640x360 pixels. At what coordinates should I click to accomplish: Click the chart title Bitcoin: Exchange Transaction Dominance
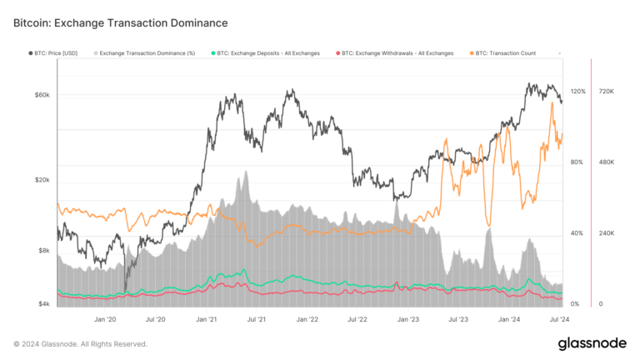click(121, 22)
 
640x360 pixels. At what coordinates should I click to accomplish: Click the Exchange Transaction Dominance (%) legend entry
click(145, 53)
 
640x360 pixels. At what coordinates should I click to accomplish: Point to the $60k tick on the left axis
click(42, 95)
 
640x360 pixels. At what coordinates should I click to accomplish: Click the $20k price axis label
click(42, 180)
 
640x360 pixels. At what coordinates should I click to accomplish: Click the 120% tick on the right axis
click(577, 92)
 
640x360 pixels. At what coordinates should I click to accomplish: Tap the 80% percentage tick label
click(577, 162)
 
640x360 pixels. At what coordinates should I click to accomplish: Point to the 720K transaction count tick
click(606, 92)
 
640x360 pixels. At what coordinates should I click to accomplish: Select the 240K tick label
click(606, 233)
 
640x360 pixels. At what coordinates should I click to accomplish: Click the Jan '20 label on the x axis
click(105, 319)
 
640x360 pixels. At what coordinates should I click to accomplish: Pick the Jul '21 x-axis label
click(257, 319)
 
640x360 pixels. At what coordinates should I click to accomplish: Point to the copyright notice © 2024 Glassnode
click(80, 343)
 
